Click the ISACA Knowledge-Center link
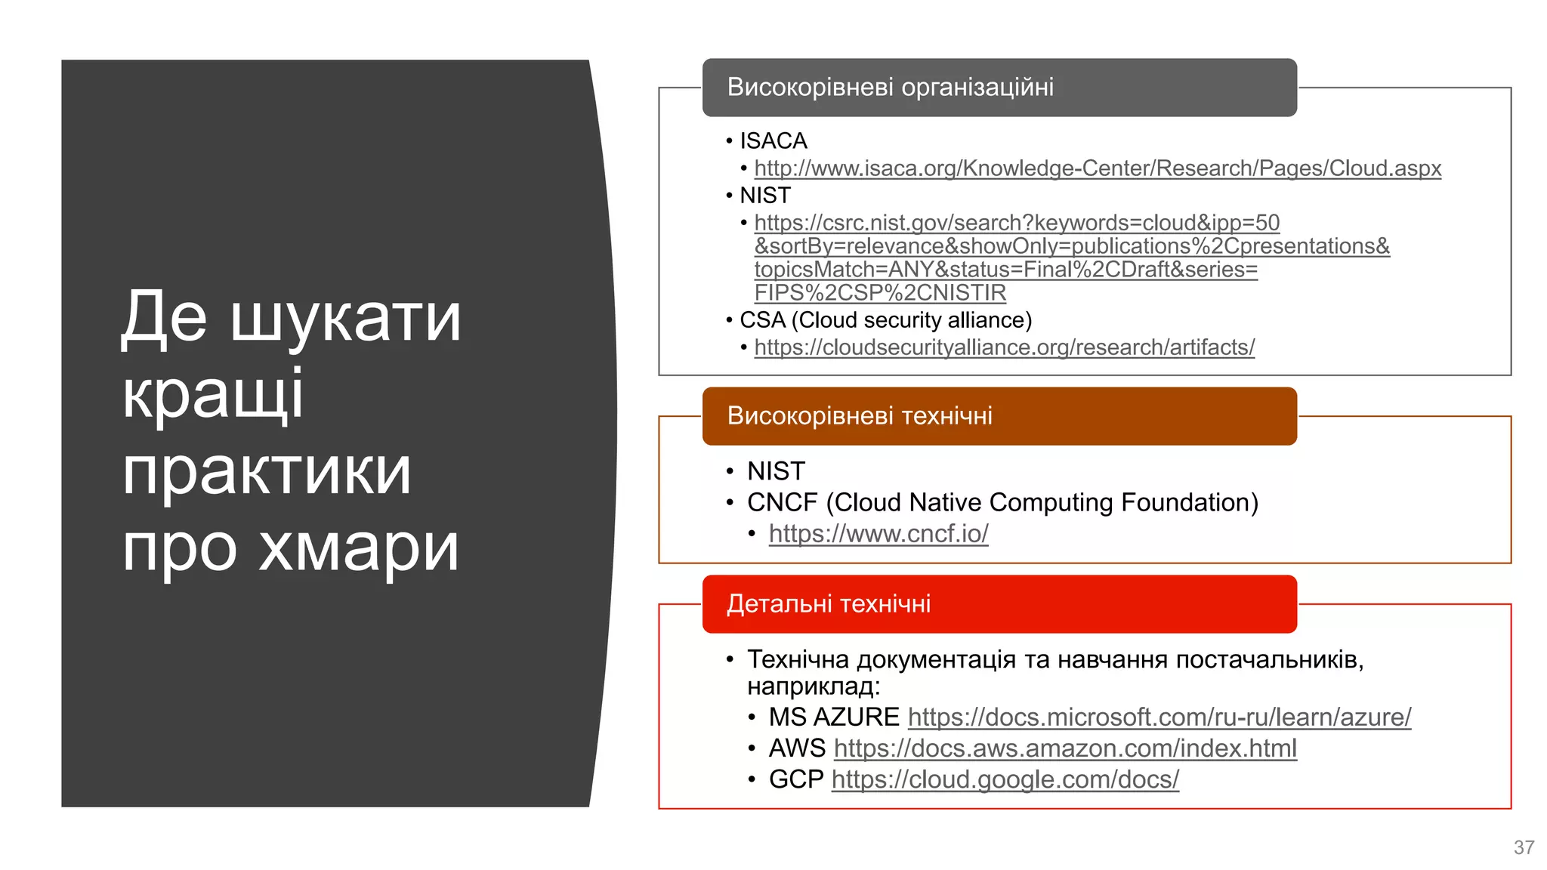[1097, 168]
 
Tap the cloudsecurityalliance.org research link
[1004, 347]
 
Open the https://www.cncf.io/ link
[878, 534]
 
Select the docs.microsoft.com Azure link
[1159, 717]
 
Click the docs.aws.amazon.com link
[1065, 748]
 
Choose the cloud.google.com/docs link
[1005, 779]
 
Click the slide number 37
[1524, 847]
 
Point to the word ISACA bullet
[773, 141]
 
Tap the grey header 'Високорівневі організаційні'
[890, 88]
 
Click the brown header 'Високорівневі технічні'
[859, 416]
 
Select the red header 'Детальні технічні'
[828, 604]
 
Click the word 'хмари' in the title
[358, 548]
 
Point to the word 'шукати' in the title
[345, 317]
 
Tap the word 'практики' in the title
[267, 471]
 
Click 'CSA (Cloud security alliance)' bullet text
[885, 320]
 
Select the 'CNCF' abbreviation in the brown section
[782, 503]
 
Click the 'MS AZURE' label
[833, 717]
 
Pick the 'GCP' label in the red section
[795, 779]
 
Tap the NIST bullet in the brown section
[776, 471]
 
